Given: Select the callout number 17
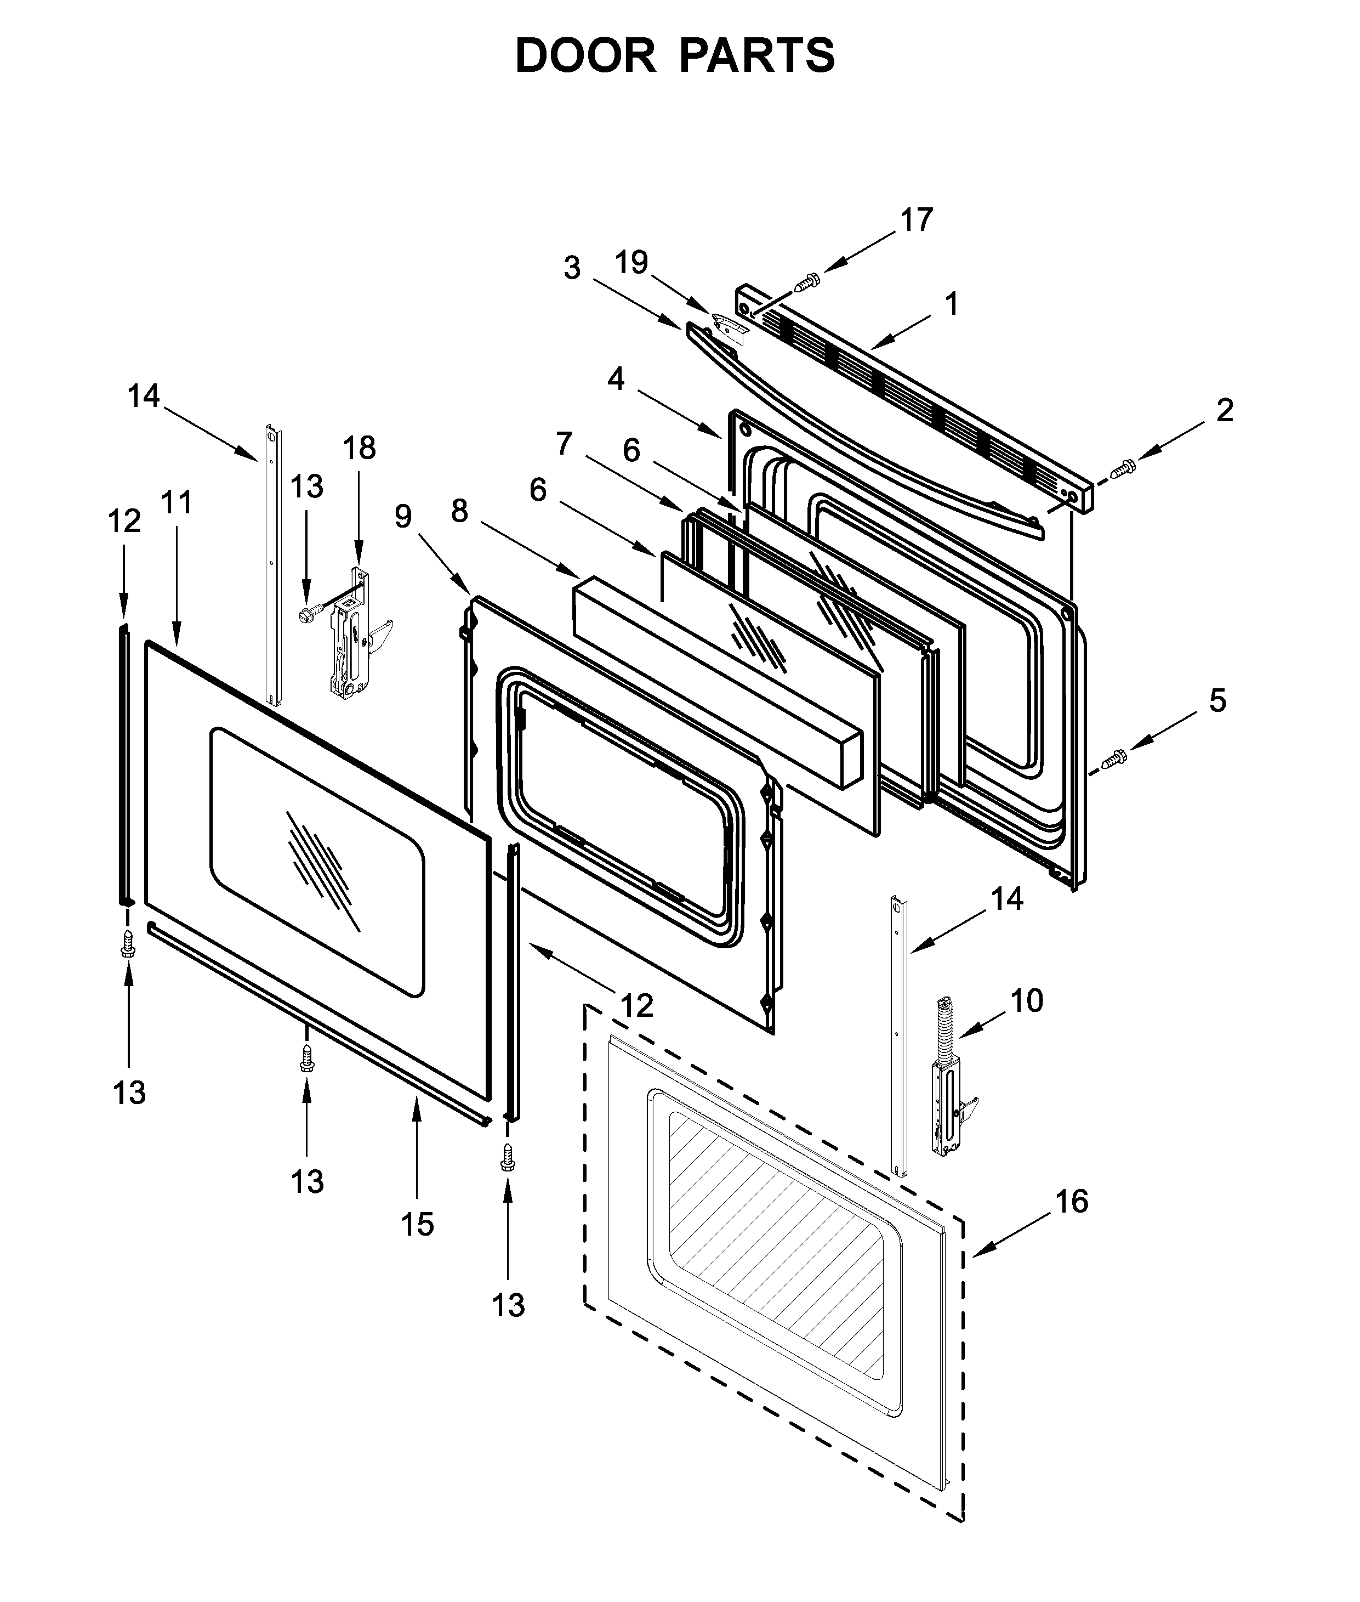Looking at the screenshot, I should pos(916,220).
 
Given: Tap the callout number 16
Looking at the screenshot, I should pos(1072,1201).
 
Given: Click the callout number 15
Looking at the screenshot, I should pos(417,1224).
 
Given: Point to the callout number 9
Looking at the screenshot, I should pos(403,516).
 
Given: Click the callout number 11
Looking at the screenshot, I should pos(177,502).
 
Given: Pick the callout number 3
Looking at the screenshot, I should pos(571,268).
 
